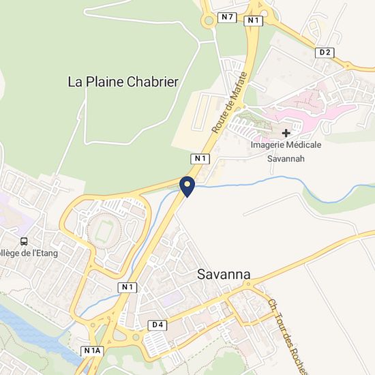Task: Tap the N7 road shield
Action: pyautogui.click(x=227, y=16)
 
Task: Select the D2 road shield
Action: pyautogui.click(x=325, y=52)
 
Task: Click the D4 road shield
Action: pyautogui.click(x=157, y=325)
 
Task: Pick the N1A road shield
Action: pyautogui.click(x=93, y=350)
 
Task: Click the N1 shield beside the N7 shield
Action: pyautogui.click(x=254, y=20)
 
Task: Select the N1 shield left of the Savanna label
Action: pyautogui.click(x=126, y=287)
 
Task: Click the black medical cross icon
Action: pyautogui.click(x=286, y=132)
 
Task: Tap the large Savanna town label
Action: pyautogui.click(x=224, y=275)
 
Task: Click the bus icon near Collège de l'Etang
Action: pyautogui.click(x=25, y=241)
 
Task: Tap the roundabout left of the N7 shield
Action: pyautogui.click(x=208, y=20)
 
